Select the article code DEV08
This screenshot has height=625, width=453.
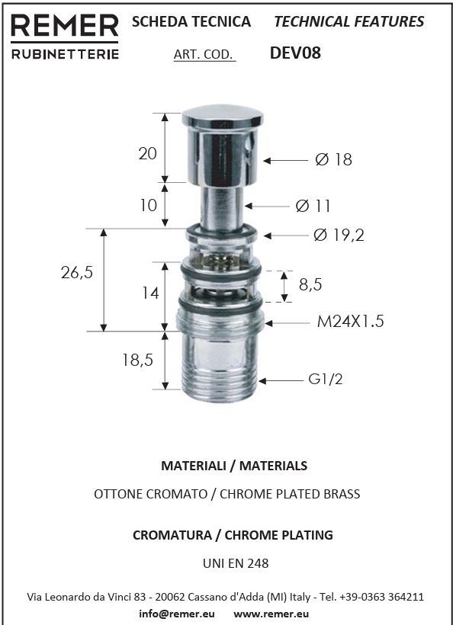pos(295,53)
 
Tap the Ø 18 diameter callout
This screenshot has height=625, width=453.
pos(333,159)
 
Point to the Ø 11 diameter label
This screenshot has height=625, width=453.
pos(313,206)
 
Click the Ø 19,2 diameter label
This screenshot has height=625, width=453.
pos(339,236)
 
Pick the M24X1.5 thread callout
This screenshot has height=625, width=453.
pos(350,322)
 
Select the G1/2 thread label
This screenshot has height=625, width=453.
pos(325,379)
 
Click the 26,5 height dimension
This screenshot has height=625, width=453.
pos(76,273)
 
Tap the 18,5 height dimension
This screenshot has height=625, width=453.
pos(137,360)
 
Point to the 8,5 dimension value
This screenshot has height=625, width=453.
pos(310,284)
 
